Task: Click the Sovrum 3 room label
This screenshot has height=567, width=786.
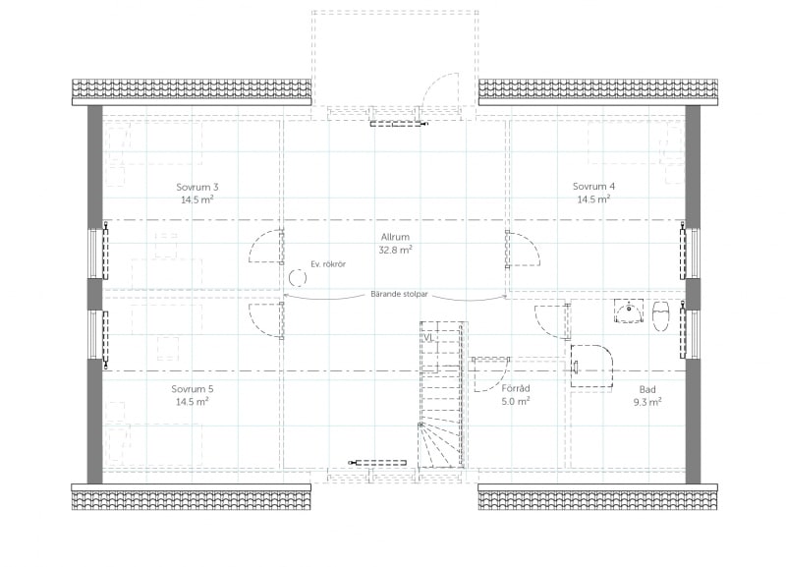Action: click(x=197, y=187)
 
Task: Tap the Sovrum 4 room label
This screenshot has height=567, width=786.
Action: click(x=593, y=187)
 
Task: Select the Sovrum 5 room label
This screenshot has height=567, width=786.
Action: click(x=192, y=389)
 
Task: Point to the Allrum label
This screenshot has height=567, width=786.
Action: click(x=395, y=237)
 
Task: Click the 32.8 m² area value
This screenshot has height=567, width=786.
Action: click(x=395, y=250)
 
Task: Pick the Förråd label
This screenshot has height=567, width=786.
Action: click(x=516, y=388)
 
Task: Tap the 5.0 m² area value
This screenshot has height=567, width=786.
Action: click(x=516, y=401)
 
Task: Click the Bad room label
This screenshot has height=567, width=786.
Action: click(x=647, y=389)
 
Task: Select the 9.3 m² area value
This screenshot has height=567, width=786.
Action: click(x=647, y=402)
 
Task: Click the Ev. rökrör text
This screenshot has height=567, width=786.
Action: click(x=328, y=263)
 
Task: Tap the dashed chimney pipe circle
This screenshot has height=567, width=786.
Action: click(x=298, y=277)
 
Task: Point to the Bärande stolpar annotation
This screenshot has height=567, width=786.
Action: click(x=399, y=294)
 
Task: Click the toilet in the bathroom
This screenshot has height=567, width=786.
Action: click(x=660, y=315)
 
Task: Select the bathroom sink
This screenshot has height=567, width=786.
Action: click(x=629, y=312)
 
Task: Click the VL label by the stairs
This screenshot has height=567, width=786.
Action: click(x=427, y=338)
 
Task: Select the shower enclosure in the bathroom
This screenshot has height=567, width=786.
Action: click(x=592, y=366)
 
